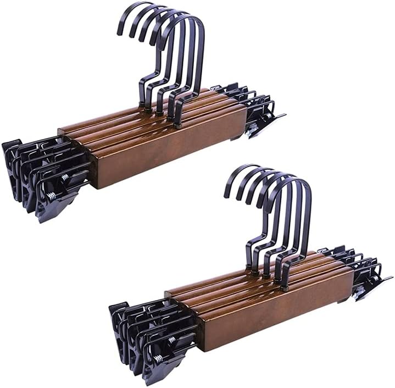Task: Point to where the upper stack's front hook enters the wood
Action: point(178,124)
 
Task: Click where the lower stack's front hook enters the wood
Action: point(285,286)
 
